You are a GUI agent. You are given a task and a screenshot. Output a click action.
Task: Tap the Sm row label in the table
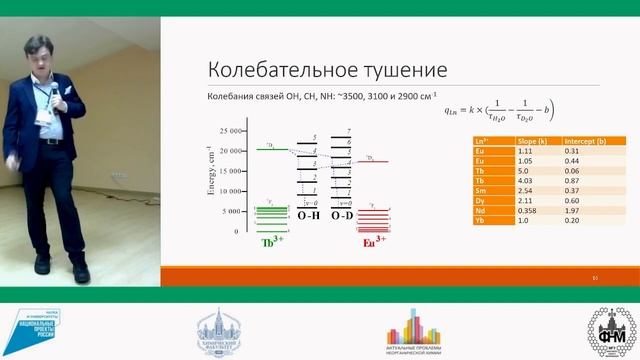[x=479, y=190]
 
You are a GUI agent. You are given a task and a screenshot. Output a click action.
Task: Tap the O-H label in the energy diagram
[x=309, y=215]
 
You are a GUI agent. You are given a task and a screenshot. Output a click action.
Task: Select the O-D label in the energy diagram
[x=343, y=215]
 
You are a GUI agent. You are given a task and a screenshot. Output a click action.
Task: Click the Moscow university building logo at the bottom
[x=218, y=330]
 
